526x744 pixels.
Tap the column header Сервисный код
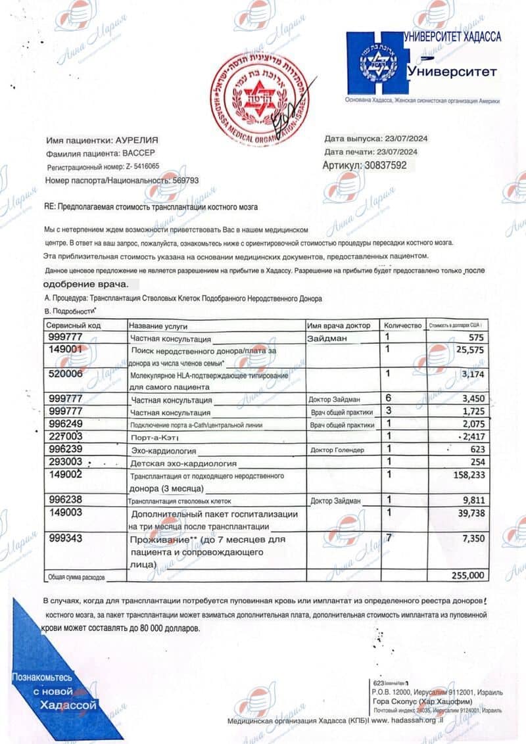coord(73,325)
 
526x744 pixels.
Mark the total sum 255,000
coord(468,575)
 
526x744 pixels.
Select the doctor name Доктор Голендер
coord(336,450)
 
